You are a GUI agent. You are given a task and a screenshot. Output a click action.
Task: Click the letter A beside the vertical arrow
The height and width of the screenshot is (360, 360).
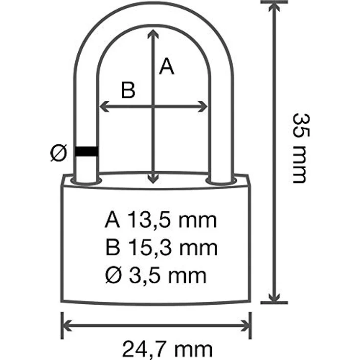coord(167,67)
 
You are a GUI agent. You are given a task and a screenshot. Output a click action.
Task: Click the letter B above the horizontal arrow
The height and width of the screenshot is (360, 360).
coord(128,90)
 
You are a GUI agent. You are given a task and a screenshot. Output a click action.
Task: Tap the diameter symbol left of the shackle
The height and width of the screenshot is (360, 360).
coord(59,153)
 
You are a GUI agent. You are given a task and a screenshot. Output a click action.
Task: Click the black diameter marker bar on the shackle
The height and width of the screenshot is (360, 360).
coord(86,152)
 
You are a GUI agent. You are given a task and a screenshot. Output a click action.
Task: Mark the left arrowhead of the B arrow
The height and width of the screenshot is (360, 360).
coord(103,106)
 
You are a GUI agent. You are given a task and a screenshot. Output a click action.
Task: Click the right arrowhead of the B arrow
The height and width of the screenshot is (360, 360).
coord(204,106)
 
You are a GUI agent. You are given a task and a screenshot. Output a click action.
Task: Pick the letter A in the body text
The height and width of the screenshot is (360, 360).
coord(112,220)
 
